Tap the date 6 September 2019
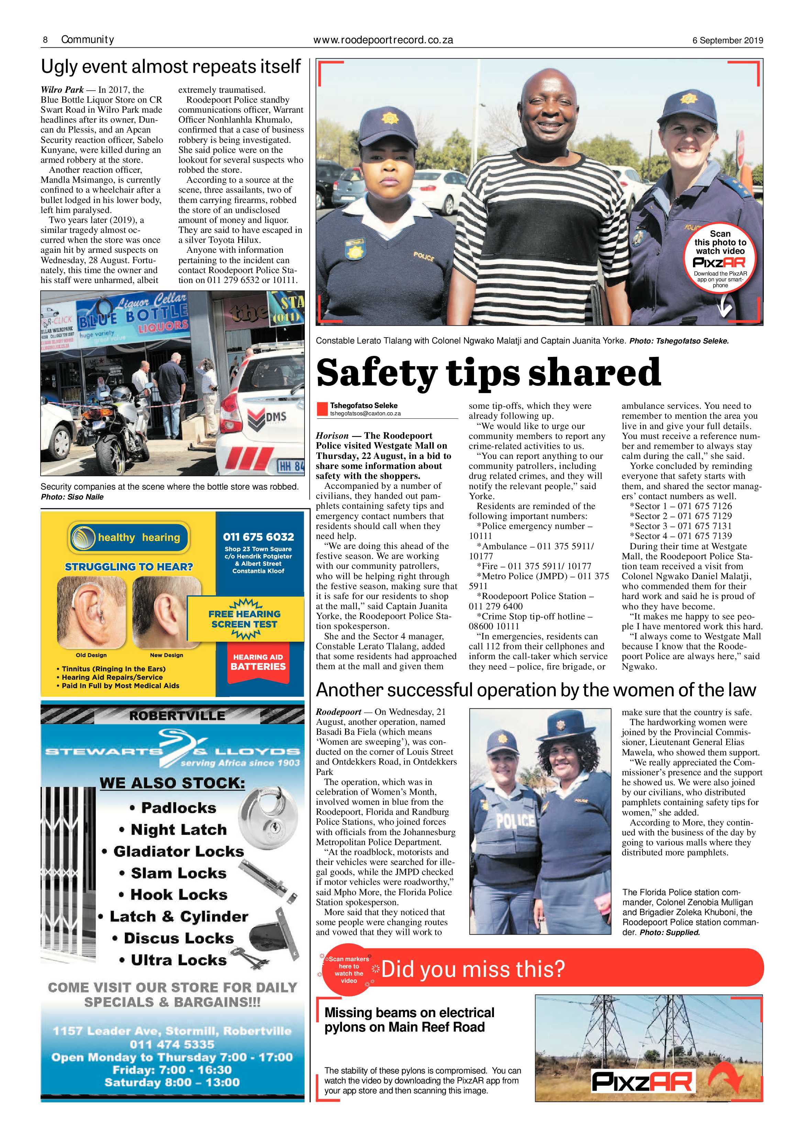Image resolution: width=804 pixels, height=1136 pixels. tap(727, 41)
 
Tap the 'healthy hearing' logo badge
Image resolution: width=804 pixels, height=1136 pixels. tap(129, 537)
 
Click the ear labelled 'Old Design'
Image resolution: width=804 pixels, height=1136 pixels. tap(91, 614)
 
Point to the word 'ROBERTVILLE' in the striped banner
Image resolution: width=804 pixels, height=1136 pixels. tap(177, 716)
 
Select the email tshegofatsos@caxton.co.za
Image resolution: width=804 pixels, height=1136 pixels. tap(365, 413)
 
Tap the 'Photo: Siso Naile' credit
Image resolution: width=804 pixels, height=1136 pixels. tap(72, 497)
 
